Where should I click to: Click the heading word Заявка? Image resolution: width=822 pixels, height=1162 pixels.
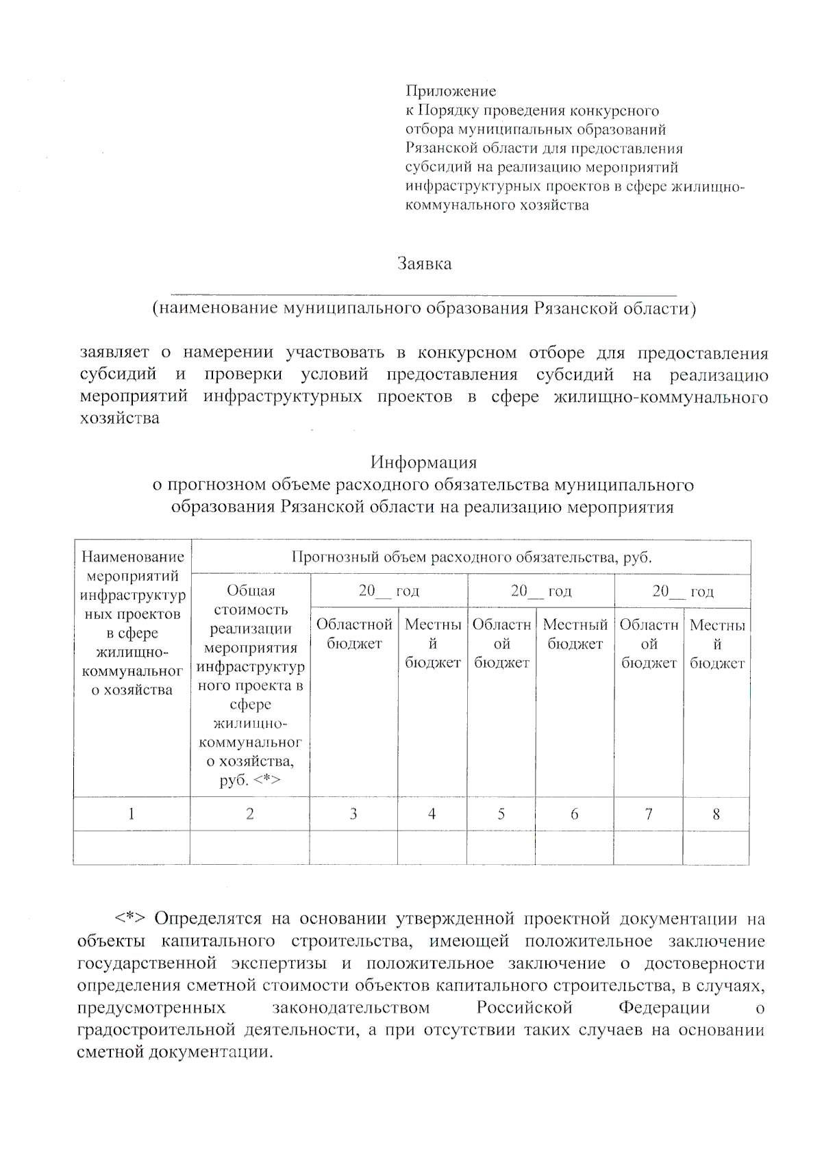(x=424, y=264)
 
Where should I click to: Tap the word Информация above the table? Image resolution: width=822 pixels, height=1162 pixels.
(x=423, y=462)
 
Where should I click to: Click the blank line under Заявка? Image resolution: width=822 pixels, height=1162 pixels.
(x=423, y=293)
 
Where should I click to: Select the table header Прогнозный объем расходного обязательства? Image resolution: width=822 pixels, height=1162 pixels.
(x=471, y=557)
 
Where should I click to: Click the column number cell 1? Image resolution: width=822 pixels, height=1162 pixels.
(x=131, y=814)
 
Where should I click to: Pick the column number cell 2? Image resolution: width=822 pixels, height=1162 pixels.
(x=250, y=814)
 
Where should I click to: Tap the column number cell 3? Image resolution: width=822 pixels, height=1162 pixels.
(x=353, y=814)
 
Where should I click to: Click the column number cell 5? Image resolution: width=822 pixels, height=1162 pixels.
(x=501, y=814)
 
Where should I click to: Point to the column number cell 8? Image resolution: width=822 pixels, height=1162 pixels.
(x=716, y=814)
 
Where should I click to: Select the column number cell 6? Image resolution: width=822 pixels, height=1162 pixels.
(x=574, y=814)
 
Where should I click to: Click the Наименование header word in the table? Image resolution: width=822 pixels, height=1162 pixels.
(x=133, y=557)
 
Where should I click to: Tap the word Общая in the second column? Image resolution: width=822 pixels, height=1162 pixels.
(x=251, y=590)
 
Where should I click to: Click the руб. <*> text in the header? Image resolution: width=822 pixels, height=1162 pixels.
(x=250, y=780)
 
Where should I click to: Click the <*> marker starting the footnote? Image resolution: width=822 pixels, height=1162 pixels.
(x=129, y=918)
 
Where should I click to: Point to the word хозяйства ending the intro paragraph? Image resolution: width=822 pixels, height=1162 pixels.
(x=119, y=418)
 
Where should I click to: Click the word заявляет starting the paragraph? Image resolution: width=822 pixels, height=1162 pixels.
(x=114, y=353)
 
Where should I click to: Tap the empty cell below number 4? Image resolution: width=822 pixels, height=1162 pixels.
(x=432, y=848)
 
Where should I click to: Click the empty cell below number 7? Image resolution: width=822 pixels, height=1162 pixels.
(x=648, y=848)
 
